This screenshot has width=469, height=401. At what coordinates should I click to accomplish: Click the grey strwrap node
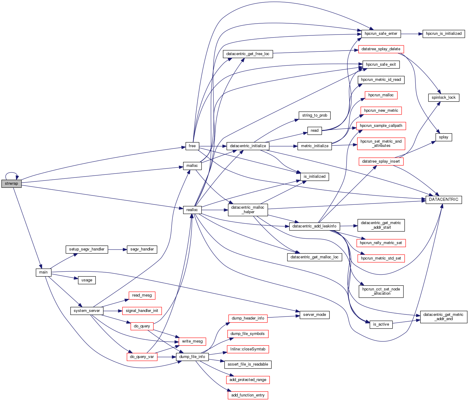click(12, 184)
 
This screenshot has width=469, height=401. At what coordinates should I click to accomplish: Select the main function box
click(43, 272)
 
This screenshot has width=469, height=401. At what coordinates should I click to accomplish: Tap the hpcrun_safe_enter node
click(381, 34)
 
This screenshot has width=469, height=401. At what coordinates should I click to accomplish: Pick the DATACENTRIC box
click(444, 200)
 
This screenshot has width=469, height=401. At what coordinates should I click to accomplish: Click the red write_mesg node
click(192, 341)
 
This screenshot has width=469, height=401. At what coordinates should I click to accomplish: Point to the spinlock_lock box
click(444, 98)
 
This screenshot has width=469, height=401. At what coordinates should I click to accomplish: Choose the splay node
click(444, 137)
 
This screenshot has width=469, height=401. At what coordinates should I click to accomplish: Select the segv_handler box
click(142, 249)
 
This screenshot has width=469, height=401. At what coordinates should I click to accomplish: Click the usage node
click(87, 280)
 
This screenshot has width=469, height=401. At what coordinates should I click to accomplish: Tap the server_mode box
click(314, 315)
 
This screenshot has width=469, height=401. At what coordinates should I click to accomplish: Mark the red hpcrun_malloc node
click(381, 95)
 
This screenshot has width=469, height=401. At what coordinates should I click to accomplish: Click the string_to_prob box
click(314, 115)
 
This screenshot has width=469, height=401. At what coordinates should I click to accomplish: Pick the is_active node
click(381, 324)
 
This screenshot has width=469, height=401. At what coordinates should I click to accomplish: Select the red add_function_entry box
click(248, 395)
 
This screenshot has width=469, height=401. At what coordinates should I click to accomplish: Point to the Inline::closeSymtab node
click(248, 349)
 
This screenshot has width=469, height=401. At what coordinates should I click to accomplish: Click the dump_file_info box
click(192, 357)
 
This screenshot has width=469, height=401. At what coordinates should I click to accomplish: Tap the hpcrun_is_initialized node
click(444, 34)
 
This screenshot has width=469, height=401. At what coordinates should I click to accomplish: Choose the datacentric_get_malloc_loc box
click(314, 257)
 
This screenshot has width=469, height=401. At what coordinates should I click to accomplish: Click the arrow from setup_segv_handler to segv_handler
click(117, 249)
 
